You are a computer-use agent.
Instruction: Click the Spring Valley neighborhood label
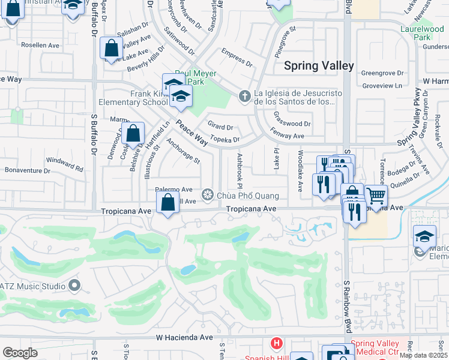[318, 66]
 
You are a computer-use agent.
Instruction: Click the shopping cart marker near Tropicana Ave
[376, 196]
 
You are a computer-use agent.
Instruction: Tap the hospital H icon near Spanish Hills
[276, 344]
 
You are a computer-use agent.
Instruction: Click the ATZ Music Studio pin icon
[74, 284]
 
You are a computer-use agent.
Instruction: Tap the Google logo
[20, 353]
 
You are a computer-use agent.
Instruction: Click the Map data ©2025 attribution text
[423, 355]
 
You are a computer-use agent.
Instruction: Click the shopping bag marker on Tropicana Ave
[168, 203]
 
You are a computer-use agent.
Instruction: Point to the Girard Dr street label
[220, 127]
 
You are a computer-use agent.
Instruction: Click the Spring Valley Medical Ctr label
[375, 347]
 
